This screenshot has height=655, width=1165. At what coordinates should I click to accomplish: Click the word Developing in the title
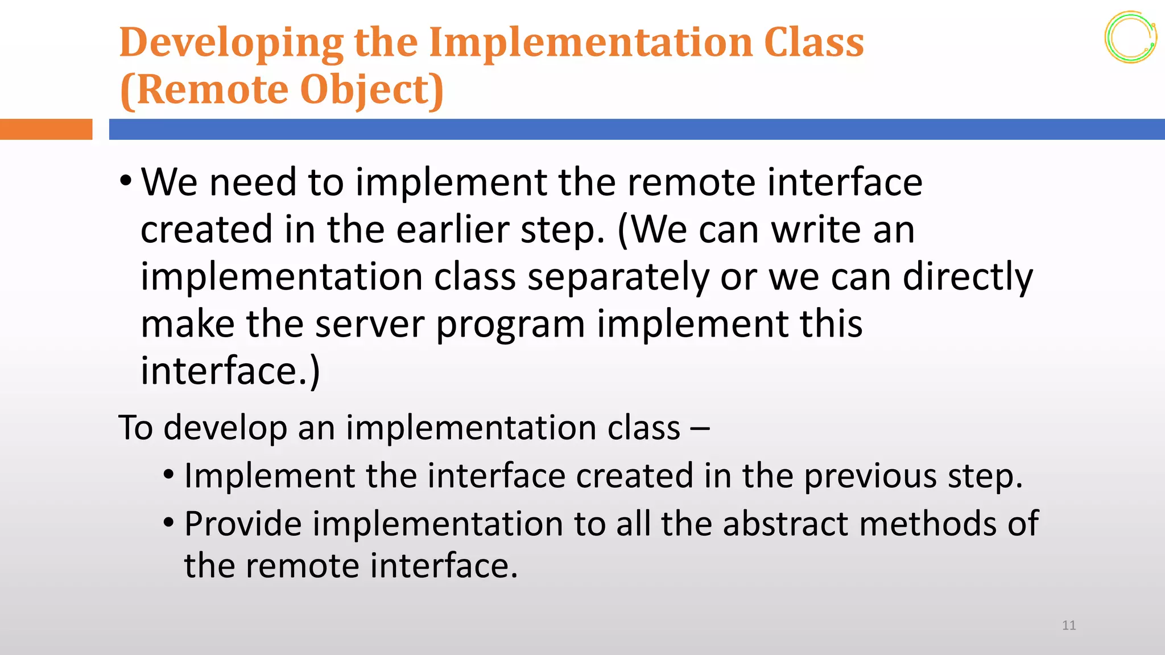[231, 43]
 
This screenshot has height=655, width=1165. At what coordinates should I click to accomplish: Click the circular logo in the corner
[1130, 37]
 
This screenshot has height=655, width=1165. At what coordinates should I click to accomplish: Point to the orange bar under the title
[46, 129]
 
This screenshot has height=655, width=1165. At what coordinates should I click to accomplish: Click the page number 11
[1068, 625]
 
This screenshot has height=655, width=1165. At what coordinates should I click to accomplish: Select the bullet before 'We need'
[126, 181]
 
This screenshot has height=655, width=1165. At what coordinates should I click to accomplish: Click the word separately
[618, 277]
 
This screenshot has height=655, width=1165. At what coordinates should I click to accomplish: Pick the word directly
[967, 277]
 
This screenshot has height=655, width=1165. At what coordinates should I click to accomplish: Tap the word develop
[225, 428]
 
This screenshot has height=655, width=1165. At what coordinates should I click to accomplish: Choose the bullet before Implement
[168, 474]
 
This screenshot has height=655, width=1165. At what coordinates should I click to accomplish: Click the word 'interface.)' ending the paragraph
[230, 371]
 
